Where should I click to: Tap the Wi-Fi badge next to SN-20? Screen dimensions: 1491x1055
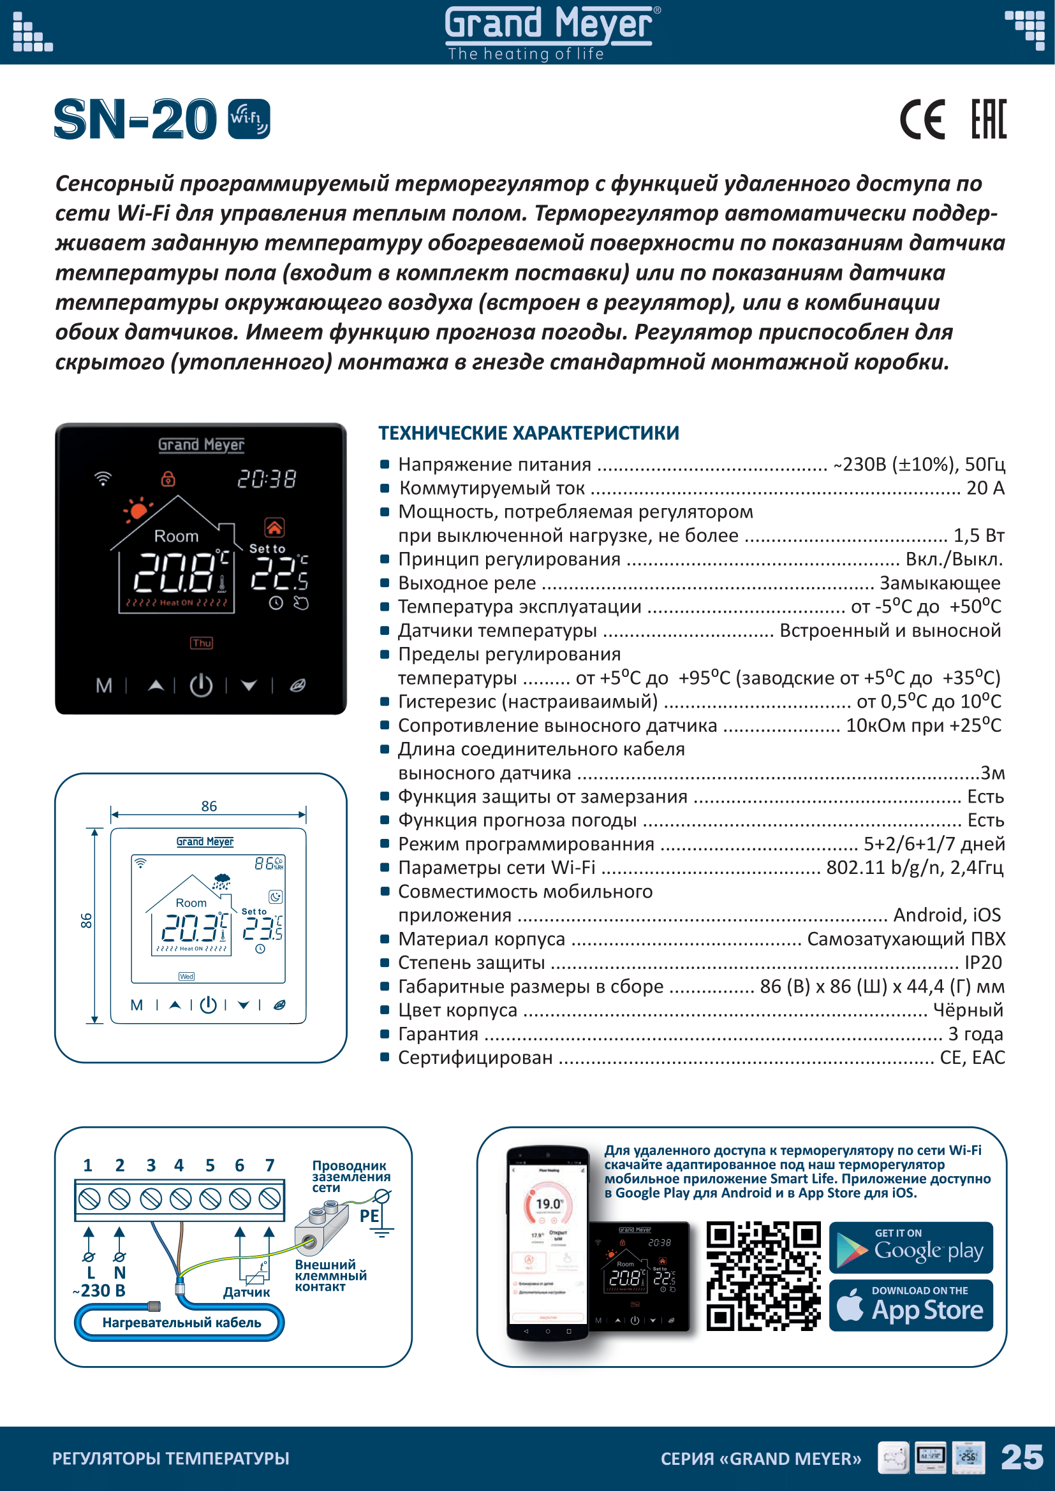[249, 119]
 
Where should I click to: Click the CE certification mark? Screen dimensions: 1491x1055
[922, 119]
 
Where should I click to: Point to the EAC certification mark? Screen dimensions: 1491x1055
[989, 119]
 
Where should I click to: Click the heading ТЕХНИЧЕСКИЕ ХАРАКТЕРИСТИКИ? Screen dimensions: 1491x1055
[529, 433]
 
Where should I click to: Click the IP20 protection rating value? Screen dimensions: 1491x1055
[983, 963]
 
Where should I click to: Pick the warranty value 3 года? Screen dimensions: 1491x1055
[976, 1033]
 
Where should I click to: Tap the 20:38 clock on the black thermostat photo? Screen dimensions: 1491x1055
[267, 479]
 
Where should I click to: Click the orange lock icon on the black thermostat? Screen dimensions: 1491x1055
[168, 479]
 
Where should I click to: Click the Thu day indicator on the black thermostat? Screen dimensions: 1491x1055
[202, 643]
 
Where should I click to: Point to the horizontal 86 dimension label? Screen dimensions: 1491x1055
[209, 806]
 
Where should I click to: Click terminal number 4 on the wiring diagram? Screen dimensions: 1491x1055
[179, 1165]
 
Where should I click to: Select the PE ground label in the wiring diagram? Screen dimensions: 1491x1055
[369, 1216]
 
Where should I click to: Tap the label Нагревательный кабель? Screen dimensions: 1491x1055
[181, 1322]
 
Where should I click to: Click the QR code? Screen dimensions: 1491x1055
[764, 1276]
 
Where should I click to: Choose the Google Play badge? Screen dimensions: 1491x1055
[911, 1247]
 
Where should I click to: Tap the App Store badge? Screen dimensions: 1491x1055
[911, 1306]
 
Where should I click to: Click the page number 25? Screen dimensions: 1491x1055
[1022, 1458]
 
